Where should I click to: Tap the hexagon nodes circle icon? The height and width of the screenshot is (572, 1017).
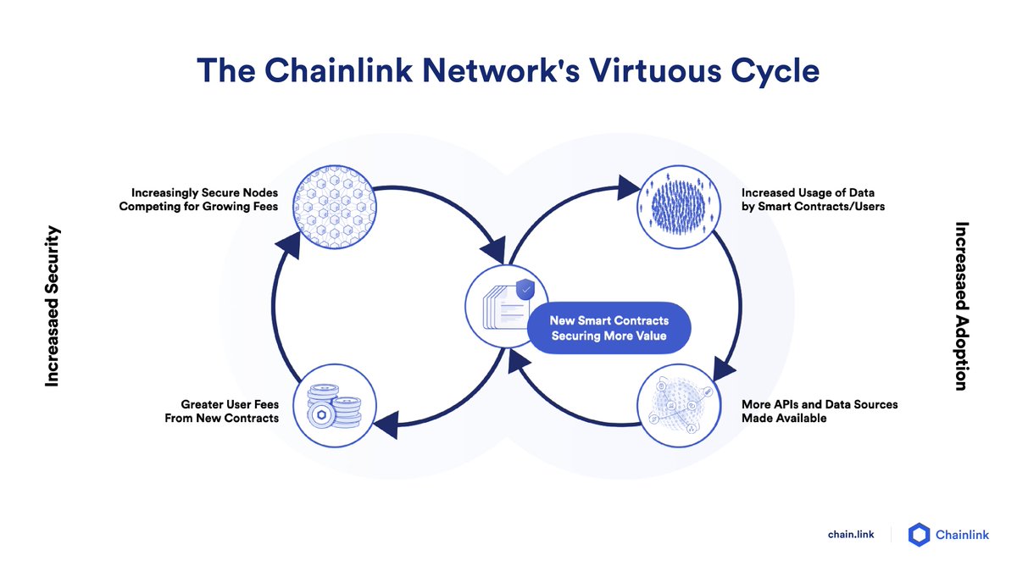pyautogui.click(x=334, y=208)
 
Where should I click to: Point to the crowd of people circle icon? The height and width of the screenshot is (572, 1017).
pyautogui.click(x=679, y=208)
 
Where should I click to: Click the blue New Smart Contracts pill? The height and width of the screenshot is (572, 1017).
pyautogui.click(x=609, y=328)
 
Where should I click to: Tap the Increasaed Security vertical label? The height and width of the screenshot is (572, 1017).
pyautogui.click(x=53, y=306)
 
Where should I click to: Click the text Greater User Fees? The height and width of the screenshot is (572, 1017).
pyautogui.click(x=230, y=404)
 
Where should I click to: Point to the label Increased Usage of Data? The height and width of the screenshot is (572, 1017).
pyautogui.click(x=801, y=192)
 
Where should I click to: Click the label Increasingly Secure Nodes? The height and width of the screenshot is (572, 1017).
pyautogui.click(x=204, y=192)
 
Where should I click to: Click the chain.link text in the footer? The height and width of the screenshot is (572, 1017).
pyautogui.click(x=851, y=534)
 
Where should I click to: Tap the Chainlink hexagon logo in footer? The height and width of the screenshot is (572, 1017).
pyautogui.click(x=920, y=534)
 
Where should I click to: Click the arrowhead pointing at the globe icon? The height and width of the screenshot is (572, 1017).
pyautogui.click(x=724, y=369)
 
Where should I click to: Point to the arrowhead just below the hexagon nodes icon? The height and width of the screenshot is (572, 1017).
pyautogui.click(x=289, y=245)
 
